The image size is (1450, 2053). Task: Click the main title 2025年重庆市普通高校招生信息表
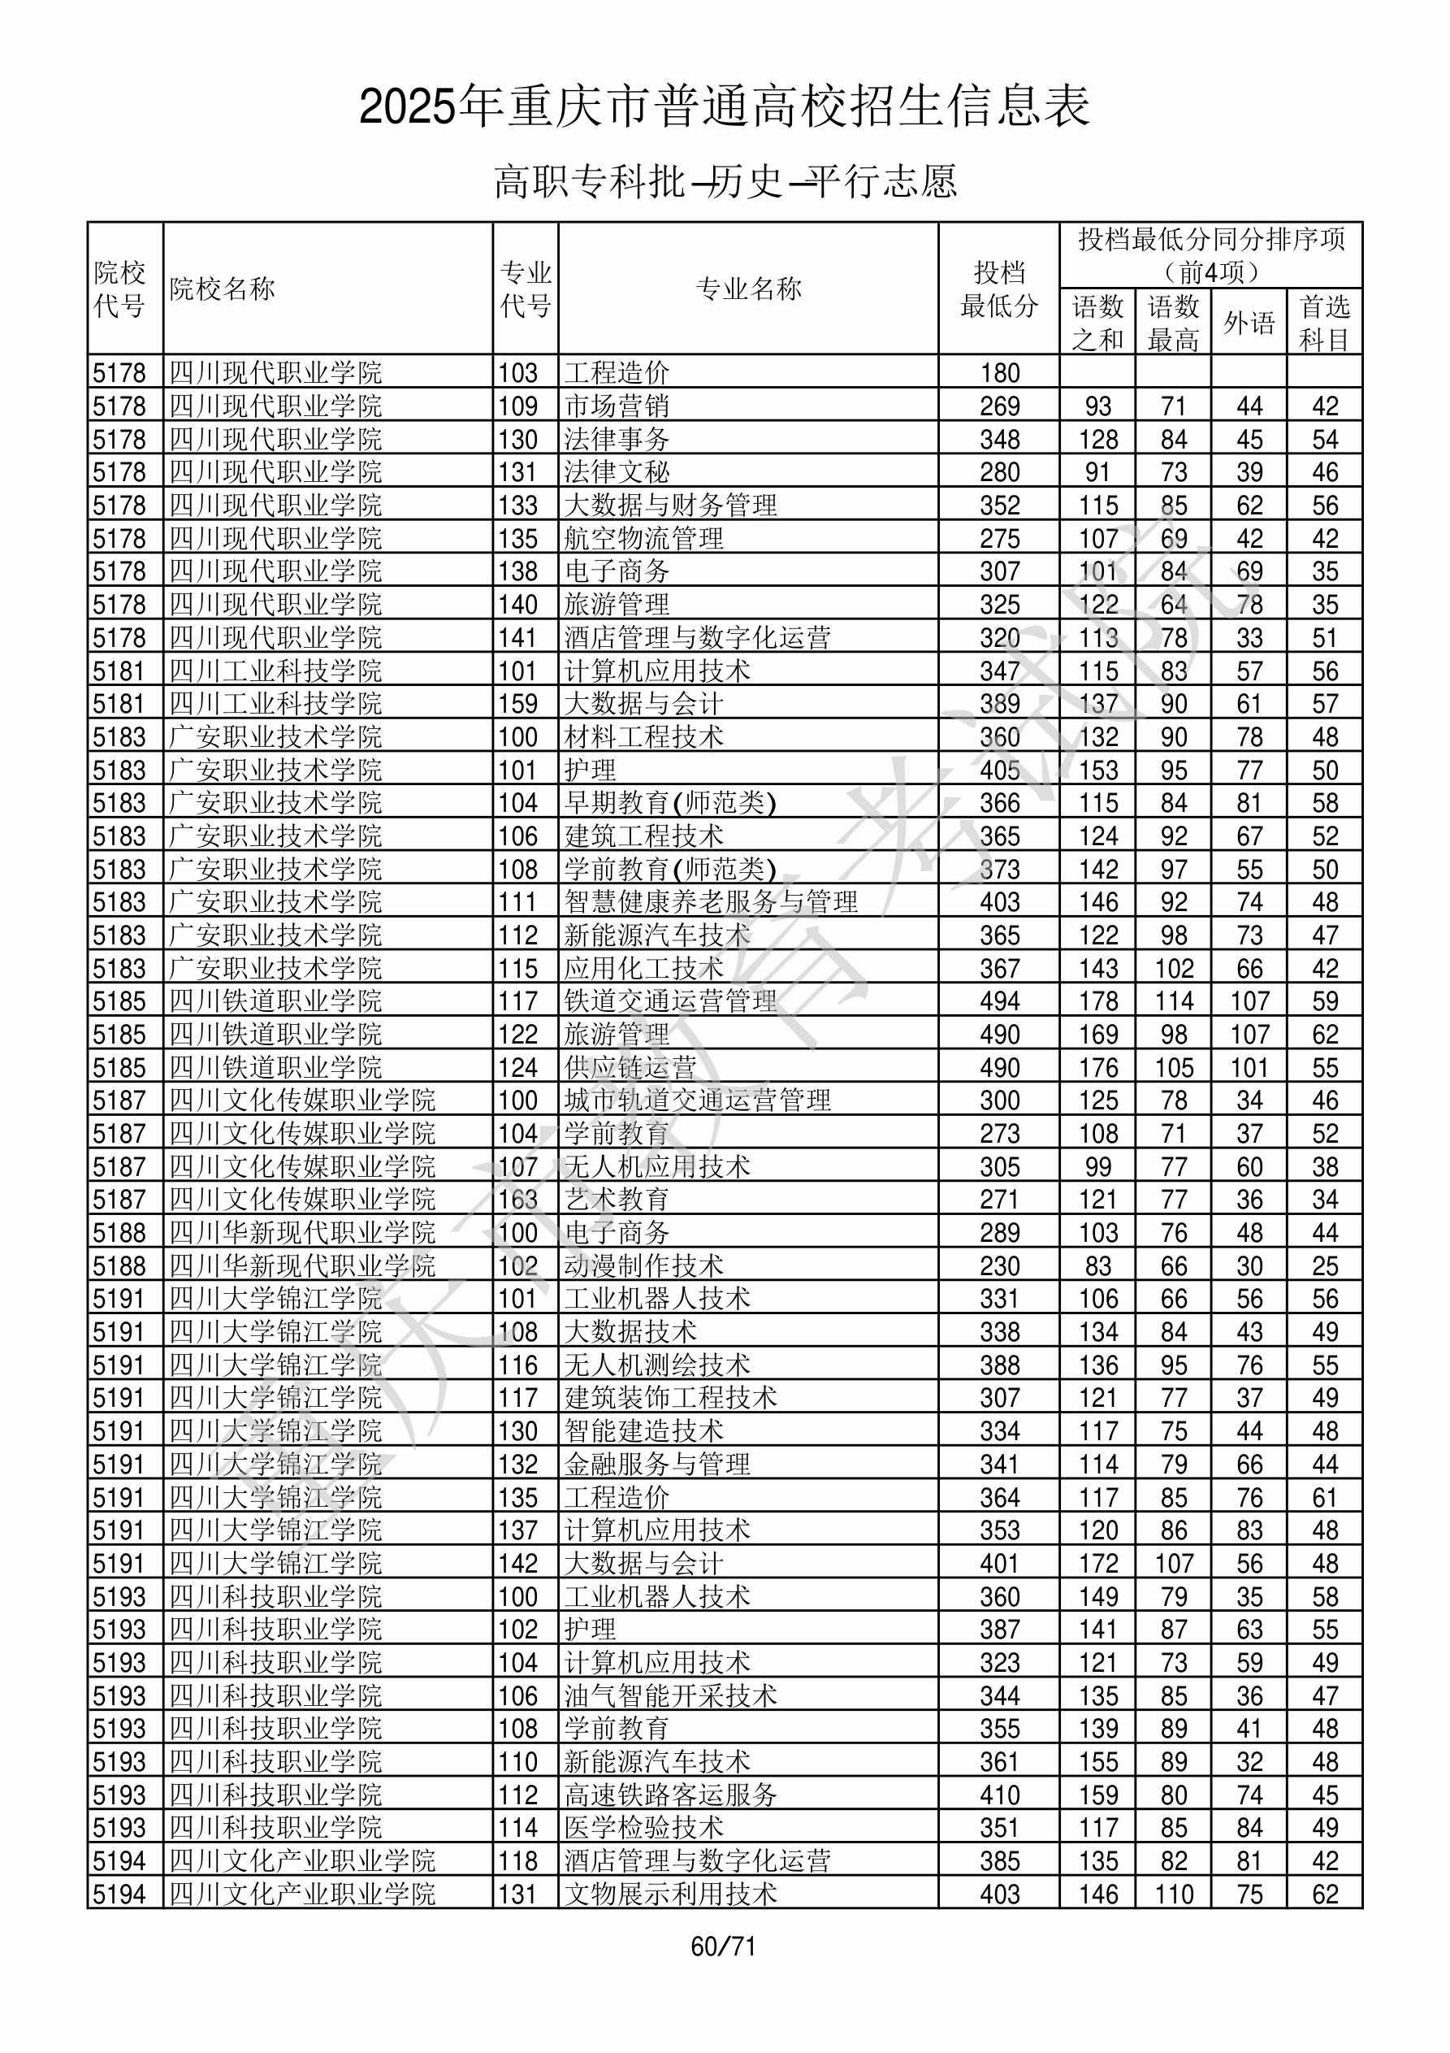pos(724,106)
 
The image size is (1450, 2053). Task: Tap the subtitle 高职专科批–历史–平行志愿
pos(725,181)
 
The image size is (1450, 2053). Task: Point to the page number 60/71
pos(723,1946)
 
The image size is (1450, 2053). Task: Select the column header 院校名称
pos(223,289)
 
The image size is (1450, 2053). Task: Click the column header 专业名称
pos(748,289)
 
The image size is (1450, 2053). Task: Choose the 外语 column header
pos(1249,323)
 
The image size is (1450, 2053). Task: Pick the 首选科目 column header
pos(1324,323)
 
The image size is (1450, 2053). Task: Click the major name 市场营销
pos(617,406)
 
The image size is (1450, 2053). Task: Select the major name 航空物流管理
pos(643,538)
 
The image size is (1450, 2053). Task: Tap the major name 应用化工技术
pos(643,968)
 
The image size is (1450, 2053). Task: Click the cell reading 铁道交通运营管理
pos(670,1001)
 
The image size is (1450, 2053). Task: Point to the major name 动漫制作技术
pos(643,1266)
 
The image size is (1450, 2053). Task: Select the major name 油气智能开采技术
pos(670,1696)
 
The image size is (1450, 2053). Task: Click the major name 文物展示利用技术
pos(670,1894)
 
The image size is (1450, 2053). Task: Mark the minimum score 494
pos(999,1001)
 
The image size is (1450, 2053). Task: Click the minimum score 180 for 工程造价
pos(999,373)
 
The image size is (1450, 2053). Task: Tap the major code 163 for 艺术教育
pos(518,1200)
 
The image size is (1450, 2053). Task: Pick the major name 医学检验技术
pos(643,1828)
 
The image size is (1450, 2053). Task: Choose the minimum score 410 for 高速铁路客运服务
pos(999,1795)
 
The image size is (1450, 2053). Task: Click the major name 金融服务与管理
pos(657,1465)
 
